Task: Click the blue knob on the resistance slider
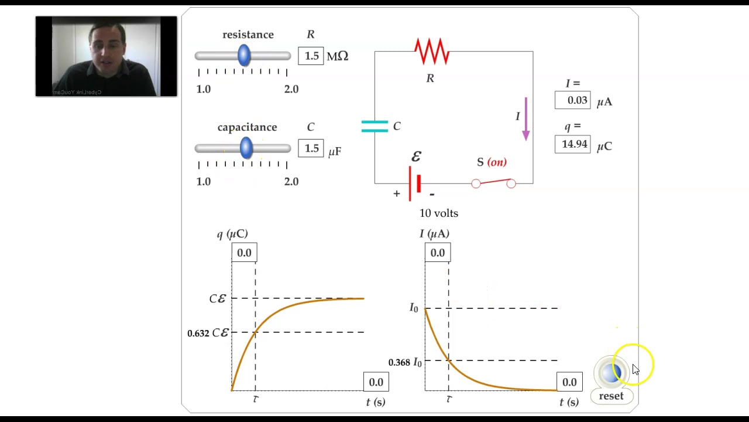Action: coord(244,56)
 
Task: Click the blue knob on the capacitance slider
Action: coord(246,148)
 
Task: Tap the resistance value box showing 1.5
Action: coord(311,56)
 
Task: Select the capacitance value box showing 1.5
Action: coord(311,148)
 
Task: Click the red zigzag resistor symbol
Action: coord(432,52)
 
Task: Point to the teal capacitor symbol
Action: coord(374,126)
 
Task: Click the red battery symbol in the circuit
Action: coord(414,183)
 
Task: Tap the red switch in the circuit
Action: coord(493,183)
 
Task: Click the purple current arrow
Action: coord(525,119)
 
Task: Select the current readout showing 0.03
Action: coord(572,100)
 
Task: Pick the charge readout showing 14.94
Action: coord(572,144)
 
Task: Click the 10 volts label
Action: coord(439,213)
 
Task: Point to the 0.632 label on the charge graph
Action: coord(198,333)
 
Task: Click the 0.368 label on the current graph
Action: coord(399,363)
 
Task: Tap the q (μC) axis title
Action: coord(232,234)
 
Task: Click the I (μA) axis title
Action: coord(434,234)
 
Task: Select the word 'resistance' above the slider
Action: coord(248,35)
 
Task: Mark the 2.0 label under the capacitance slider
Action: coord(291,182)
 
